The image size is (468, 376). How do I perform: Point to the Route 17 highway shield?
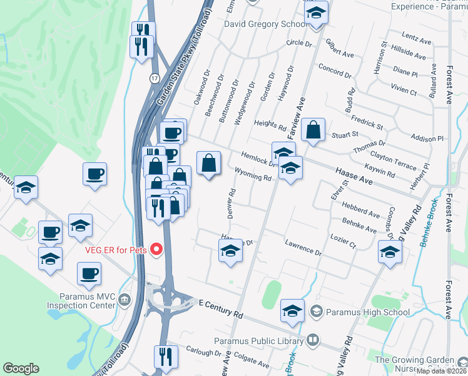click(x=154, y=78)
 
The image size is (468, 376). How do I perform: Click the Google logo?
click(x=21, y=368)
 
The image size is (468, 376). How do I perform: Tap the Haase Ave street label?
click(x=354, y=175)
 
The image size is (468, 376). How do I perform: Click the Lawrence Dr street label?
click(x=303, y=248)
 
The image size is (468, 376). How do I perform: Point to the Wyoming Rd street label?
click(x=253, y=174)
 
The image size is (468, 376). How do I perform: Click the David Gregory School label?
click(x=266, y=24)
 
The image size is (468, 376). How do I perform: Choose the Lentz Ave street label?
click(x=417, y=40)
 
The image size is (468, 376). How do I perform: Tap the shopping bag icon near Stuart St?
click(x=313, y=130)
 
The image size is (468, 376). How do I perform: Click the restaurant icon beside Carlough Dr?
click(x=166, y=357)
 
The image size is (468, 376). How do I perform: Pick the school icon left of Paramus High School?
click(x=292, y=311)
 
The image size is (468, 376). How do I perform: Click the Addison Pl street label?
click(x=427, y=137)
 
